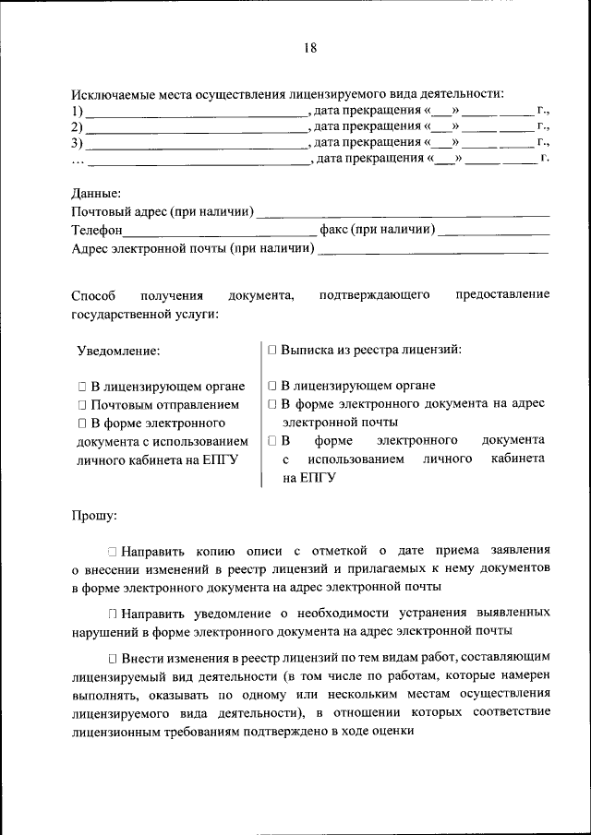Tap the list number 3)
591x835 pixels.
78,143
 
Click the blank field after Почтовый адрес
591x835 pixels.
403,213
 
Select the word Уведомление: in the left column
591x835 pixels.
118,351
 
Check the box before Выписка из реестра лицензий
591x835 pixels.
272,351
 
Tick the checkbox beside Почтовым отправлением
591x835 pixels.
82,405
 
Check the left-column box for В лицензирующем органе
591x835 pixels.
82,387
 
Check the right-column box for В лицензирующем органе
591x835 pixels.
272,387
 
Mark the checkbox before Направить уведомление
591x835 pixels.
112,614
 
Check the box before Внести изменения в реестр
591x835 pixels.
112,658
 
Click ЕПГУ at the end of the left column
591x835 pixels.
221,459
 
